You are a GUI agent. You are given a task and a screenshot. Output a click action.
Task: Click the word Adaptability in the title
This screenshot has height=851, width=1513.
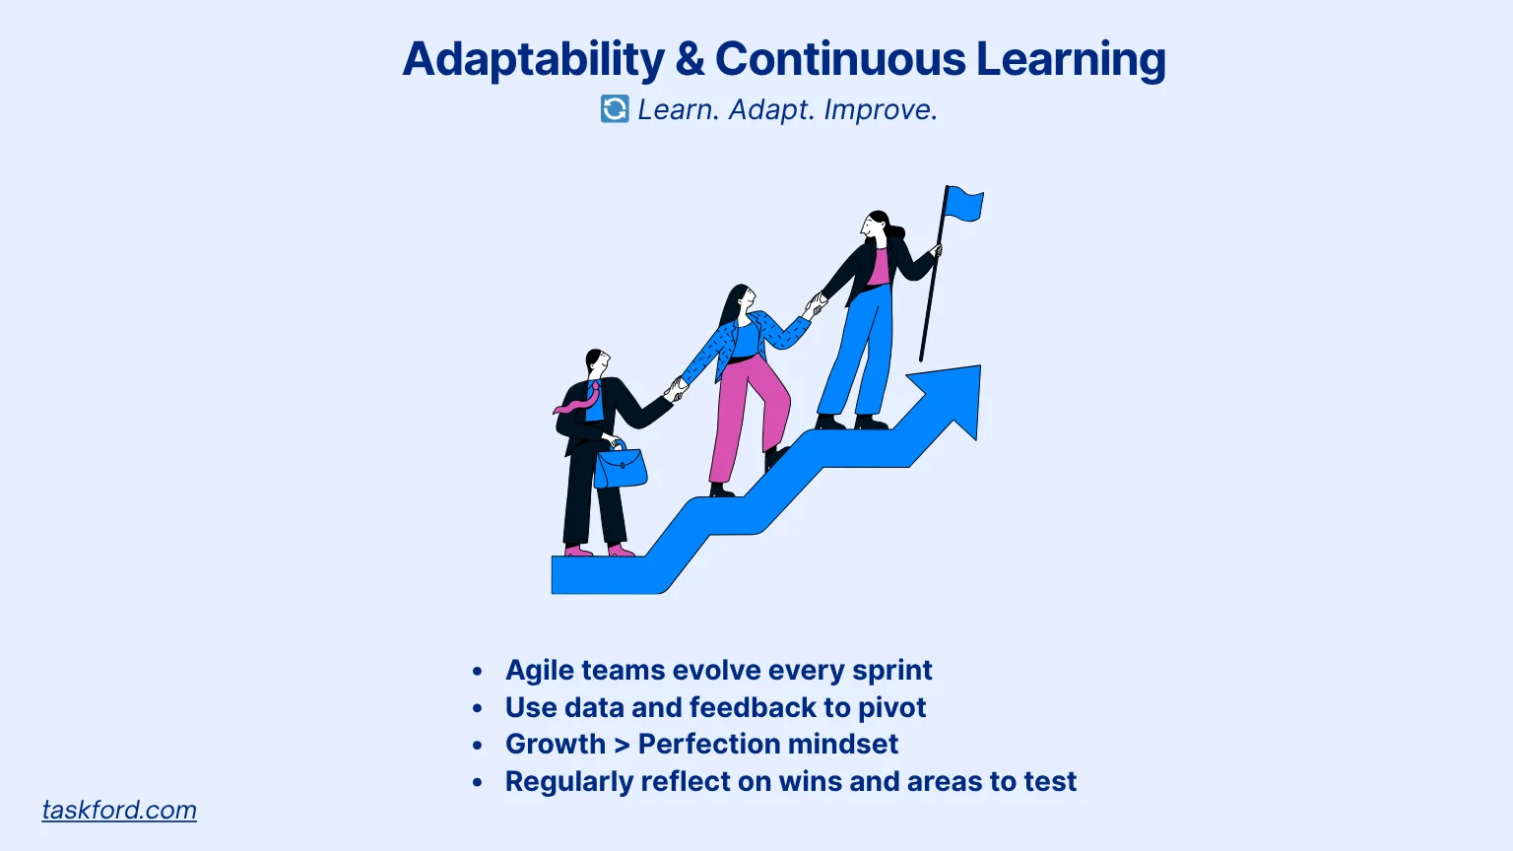(534, 59)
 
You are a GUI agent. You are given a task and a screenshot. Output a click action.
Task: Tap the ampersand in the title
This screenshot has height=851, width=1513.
(690, 59)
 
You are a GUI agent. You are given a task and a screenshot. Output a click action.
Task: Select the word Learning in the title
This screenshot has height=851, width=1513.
(1072, 59)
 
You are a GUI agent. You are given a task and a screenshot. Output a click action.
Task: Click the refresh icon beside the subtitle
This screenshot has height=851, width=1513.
(615, 108)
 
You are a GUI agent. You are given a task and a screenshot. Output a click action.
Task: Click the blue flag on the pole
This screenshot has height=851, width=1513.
(964, 203)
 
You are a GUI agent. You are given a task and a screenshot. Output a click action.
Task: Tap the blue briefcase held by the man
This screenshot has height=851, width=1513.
(620, 465)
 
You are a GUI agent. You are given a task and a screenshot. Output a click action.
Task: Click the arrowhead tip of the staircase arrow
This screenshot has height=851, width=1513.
(980, 366)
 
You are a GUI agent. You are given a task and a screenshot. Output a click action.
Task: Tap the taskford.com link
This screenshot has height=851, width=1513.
(119, 810)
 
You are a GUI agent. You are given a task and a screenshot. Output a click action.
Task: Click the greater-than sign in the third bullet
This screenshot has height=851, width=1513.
(622, 745)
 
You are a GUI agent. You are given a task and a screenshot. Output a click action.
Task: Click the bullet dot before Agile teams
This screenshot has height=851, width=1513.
(478, 672)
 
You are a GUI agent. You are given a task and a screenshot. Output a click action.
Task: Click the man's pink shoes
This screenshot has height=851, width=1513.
(600, 551)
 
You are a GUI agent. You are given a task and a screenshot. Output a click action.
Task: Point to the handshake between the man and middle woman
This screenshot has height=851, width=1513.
(676, 390)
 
